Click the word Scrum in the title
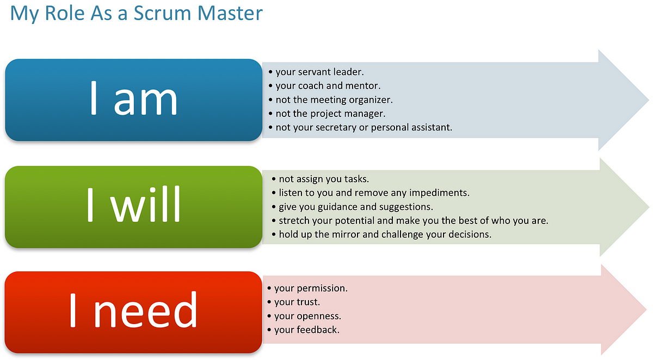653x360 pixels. [162, 13]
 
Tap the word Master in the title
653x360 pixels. [230, 13]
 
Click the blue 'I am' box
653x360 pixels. [133, 100]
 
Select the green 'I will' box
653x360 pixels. [133, 207]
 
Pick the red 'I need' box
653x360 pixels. [133, 312]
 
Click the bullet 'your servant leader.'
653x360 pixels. [316, 72]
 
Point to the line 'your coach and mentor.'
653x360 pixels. [324, 85]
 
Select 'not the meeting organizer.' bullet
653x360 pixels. [331, 100]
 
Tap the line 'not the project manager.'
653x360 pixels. [327, 114]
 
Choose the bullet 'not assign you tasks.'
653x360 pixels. [321, 179]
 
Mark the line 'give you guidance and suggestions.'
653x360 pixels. [353, 207]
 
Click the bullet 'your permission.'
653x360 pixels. [307, 288]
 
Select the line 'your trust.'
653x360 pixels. [293, 302]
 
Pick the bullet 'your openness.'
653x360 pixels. [304, 316]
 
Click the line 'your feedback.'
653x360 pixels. [304, 330]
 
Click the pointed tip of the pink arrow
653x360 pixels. [646, 309]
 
